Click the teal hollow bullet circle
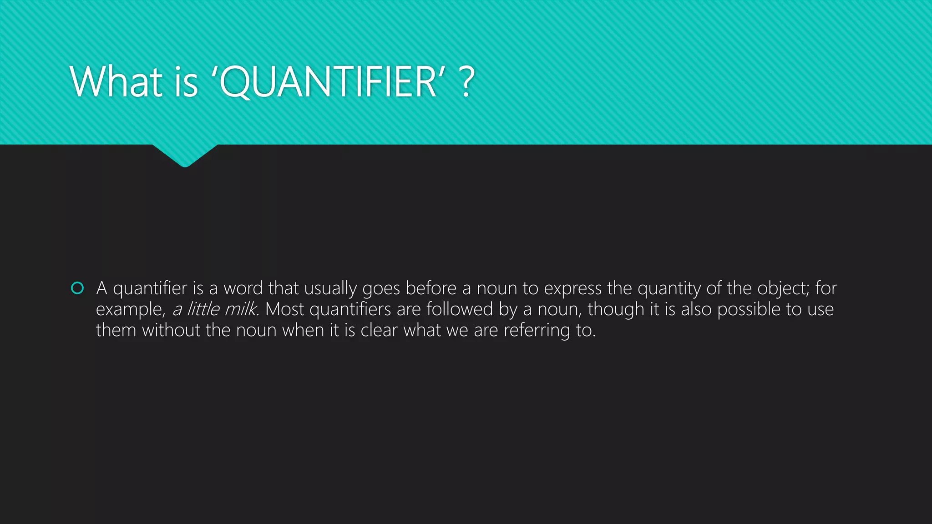pyautogui.click(x=78, y=288)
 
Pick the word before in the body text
pyautogui.click(x=431, y=288)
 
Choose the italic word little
pyautogui.click(x=203, y=309)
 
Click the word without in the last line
pyautogui.click(x=171, y=330)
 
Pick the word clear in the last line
pyautogui.click(x=379, y=330)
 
